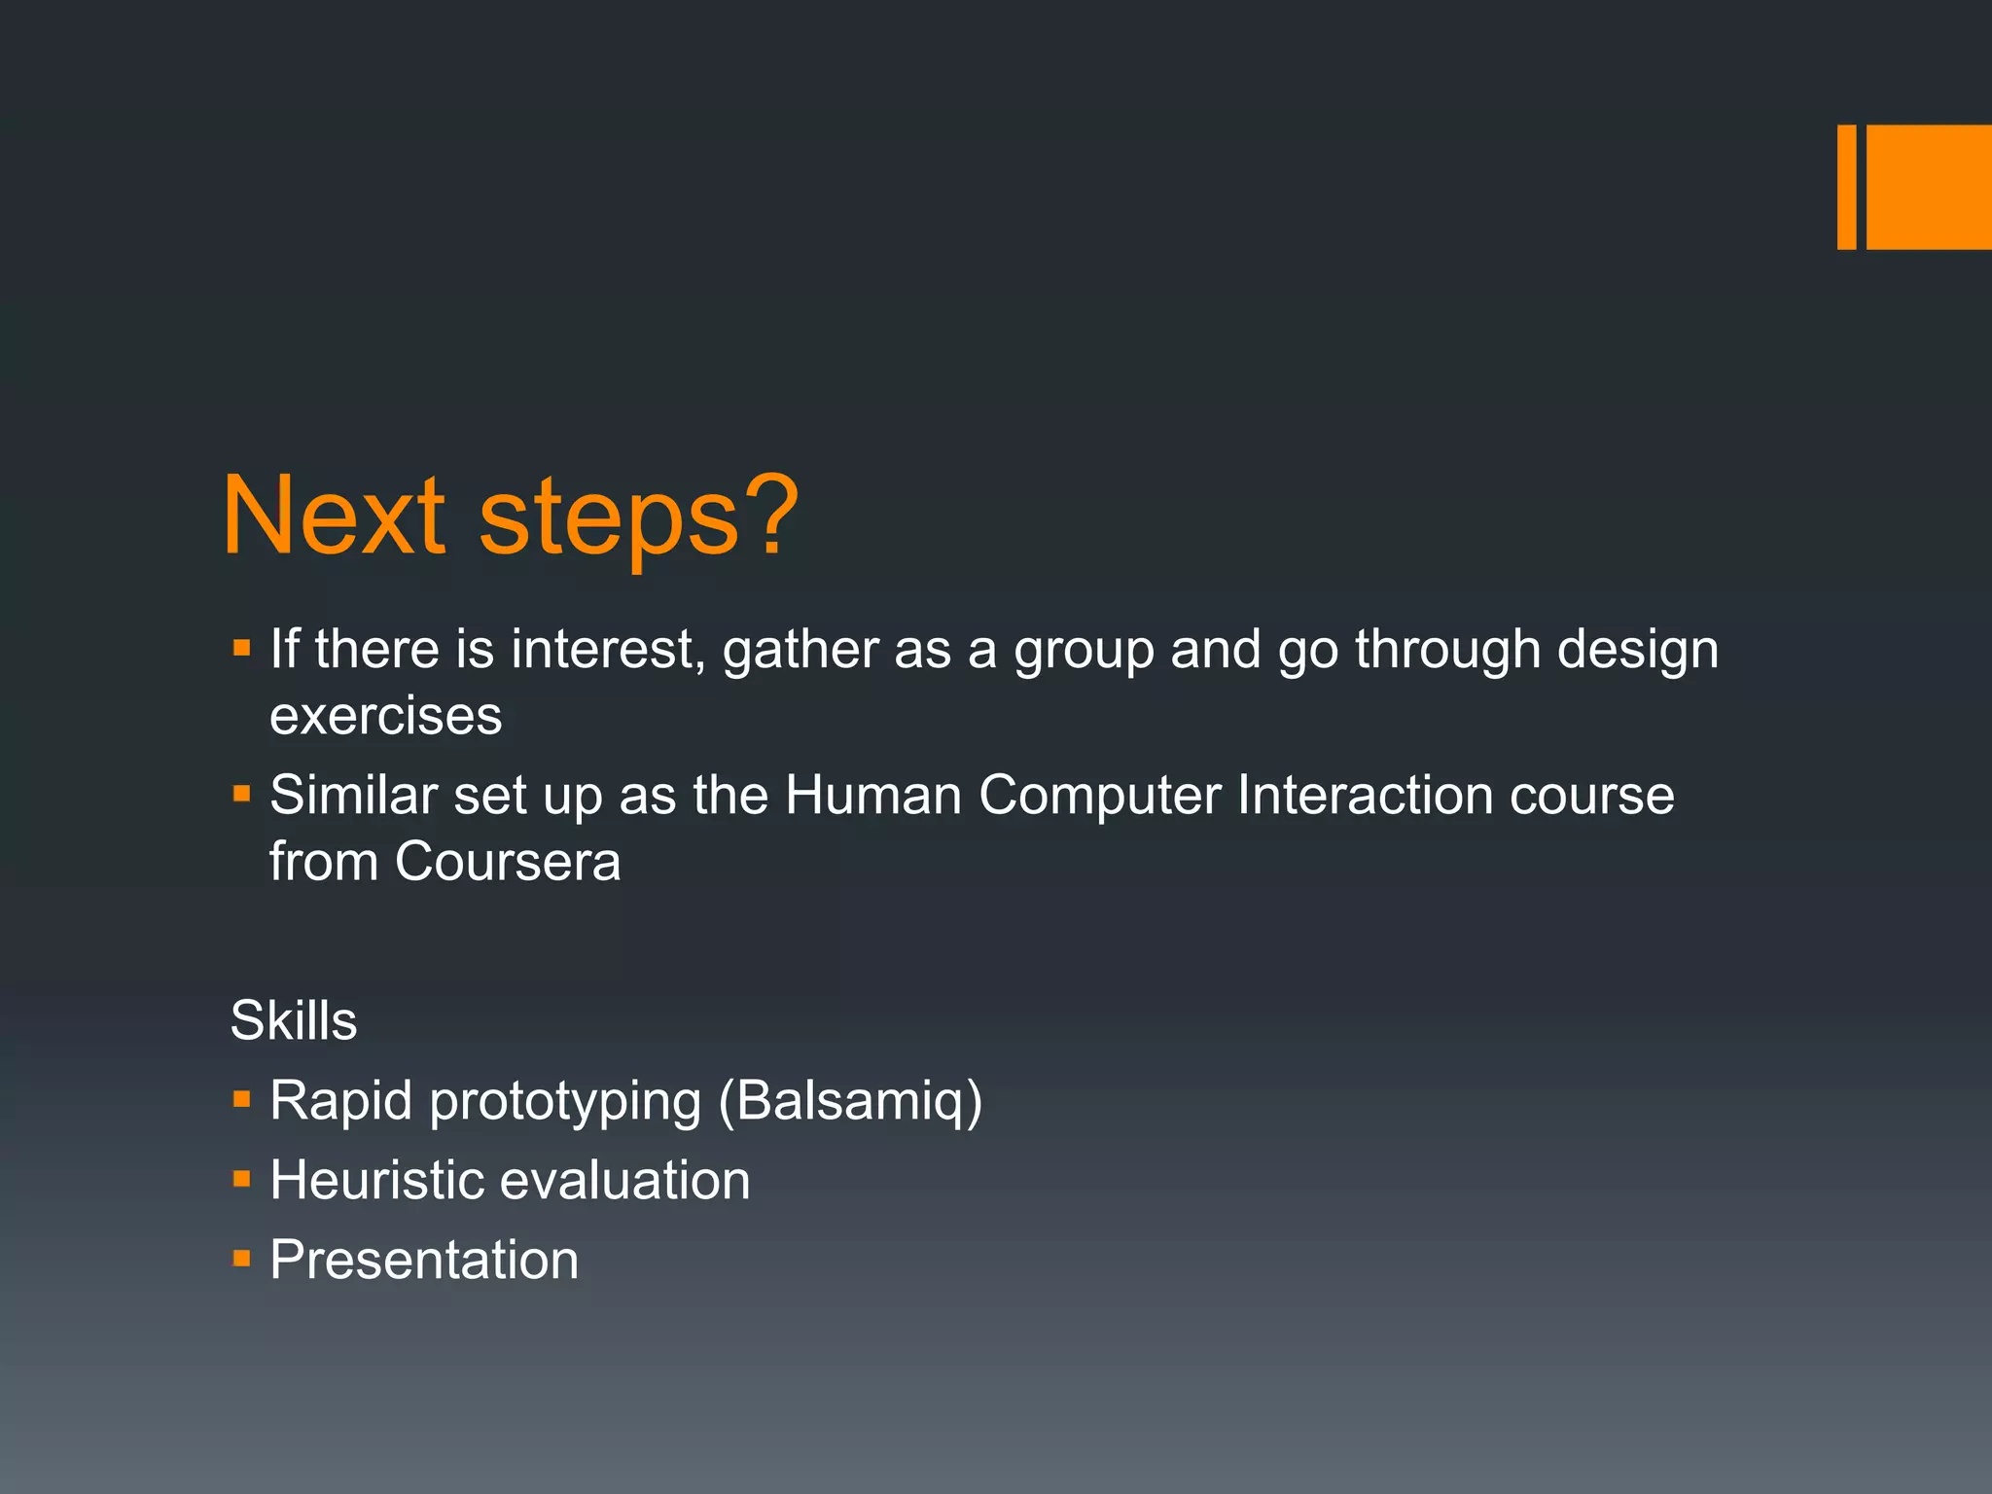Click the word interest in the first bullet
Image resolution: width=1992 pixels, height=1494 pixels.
[x=603, y=649]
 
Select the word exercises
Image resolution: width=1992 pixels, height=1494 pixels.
[x=385, y=717]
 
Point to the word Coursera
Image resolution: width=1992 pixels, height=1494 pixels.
[x=507, y=862]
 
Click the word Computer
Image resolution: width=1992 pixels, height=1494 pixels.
[x=1100, y=796]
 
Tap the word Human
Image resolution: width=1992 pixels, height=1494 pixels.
[x=872, y=796]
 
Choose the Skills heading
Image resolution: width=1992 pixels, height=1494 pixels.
[x=293, y=1020]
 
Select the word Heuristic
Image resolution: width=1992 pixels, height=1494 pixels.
[x=375, y=1180]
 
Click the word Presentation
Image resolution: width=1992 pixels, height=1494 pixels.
[x=424, y=1261]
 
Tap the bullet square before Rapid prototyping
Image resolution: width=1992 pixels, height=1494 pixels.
[x=242, y=1100]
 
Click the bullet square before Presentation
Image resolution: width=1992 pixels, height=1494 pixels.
[x=242, y=1260]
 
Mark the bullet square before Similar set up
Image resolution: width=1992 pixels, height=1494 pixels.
[x=242, y=795]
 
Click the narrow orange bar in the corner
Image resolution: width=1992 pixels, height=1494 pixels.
[x=1846, y=187]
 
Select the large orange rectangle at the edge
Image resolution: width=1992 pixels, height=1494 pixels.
[x=1929, y=187]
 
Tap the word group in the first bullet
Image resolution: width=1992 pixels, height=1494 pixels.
[x=1084, y=651]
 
